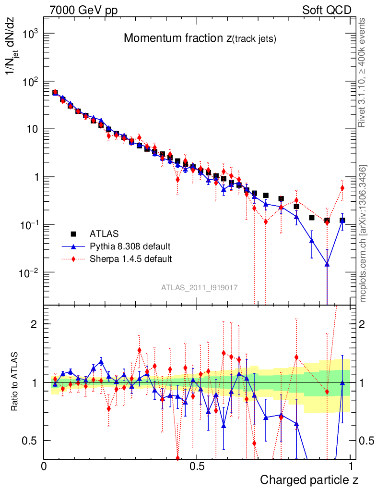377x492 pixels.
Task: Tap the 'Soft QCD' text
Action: (327, 10)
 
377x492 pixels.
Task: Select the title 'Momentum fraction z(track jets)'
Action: (200, 39)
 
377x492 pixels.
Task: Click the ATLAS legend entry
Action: (103, 234)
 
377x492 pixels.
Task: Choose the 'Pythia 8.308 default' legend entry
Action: (130, 246)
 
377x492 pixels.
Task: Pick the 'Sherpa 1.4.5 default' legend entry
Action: (130, 259)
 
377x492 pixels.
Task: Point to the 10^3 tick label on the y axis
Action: (30, 34)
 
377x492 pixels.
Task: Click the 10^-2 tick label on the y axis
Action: (30, 273)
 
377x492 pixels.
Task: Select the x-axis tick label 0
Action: (44, 466)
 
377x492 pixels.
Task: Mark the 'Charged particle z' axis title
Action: (309, 480)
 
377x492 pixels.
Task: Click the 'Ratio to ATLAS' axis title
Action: (15, 382)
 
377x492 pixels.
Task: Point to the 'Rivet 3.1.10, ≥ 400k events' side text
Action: (363, 73)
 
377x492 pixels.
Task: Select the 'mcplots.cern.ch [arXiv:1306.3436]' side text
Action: (363, 233)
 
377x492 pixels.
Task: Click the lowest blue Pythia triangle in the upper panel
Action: (327, 264)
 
